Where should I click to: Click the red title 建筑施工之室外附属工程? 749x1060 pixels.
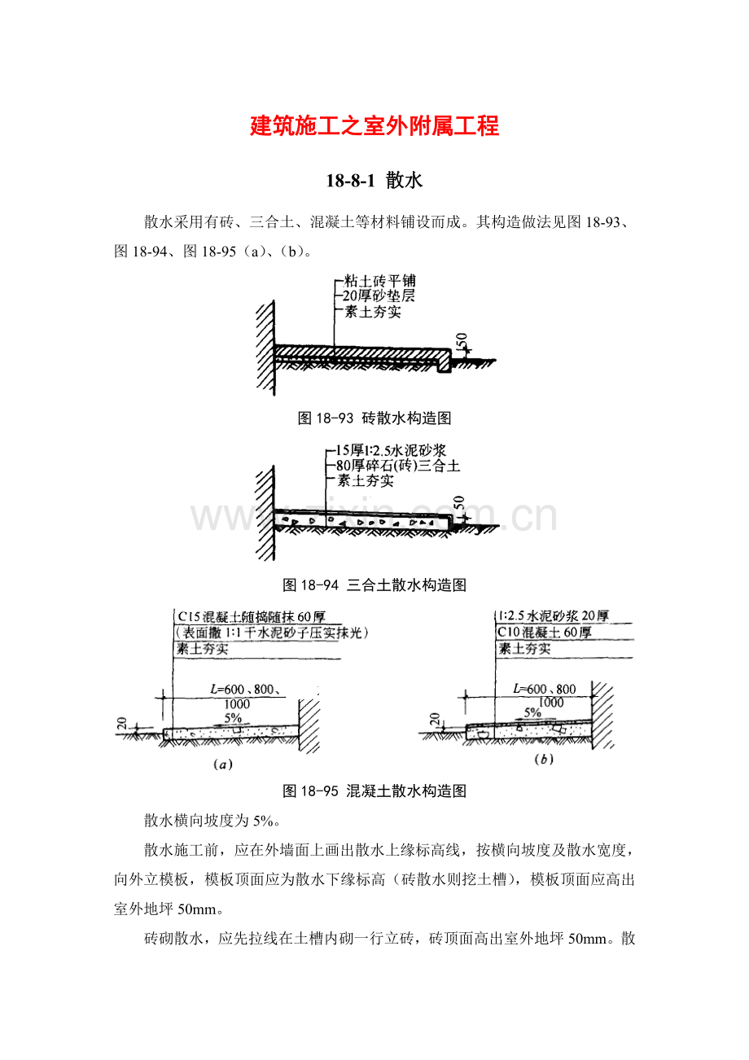click(374, 126)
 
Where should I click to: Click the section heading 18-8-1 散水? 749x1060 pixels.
click(374, 181)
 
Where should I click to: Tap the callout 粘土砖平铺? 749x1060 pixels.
click(380, 281)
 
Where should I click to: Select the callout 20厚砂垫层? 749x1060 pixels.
click(379, 296)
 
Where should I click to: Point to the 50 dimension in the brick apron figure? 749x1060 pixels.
click(462, 340)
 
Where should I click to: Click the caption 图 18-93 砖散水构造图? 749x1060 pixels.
click(374, 418)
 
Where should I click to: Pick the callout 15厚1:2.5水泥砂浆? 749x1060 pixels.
click(391, 450)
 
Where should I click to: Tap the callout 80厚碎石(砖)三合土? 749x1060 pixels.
click(398, 466)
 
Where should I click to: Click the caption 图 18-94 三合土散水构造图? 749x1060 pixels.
click(374, 585)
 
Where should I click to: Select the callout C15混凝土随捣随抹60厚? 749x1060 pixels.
click(252, 616)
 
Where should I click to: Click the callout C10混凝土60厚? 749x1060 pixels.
click(544, 633)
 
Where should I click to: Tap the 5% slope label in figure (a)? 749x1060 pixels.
click(233, 718)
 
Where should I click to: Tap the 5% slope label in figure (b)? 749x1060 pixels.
click(532, 712)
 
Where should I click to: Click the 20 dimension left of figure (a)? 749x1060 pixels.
click(123, 723)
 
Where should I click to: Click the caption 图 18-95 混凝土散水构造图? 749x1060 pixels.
click(374, 791)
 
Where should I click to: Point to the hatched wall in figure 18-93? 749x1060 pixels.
click(265, 348)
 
